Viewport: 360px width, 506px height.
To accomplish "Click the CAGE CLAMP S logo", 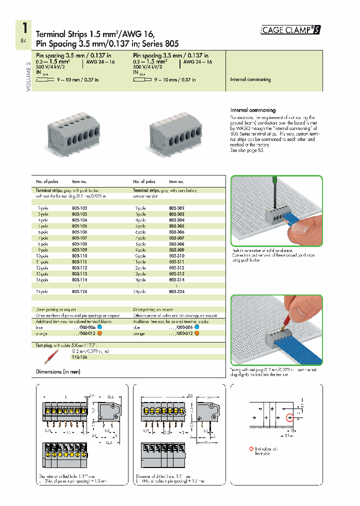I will [290, 30].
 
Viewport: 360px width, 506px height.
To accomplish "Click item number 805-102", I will [79, 207].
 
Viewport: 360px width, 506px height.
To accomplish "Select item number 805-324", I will [176, 291].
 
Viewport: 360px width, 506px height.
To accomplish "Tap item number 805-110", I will [79, 255].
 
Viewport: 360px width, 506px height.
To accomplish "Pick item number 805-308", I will [176, 243].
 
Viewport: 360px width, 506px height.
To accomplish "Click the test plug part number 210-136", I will [80, 357].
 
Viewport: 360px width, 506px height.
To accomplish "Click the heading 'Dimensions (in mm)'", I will [58, 371].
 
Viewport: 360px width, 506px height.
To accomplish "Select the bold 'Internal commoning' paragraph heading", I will [252, 110].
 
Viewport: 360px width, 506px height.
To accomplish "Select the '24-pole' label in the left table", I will [42, 291].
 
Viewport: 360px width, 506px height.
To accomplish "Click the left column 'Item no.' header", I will [79, 182].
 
